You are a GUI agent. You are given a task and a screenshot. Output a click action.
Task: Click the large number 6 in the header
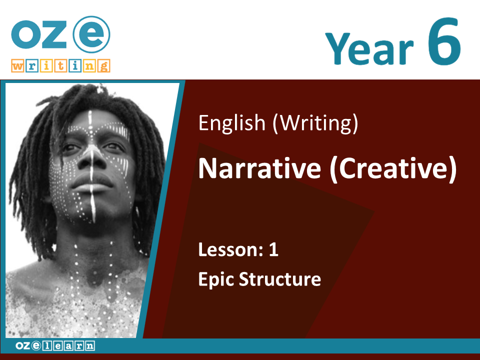pos(443,41)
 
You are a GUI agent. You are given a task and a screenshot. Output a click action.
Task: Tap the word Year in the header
pos(369,48)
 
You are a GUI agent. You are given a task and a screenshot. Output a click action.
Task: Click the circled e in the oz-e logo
pos(91,34)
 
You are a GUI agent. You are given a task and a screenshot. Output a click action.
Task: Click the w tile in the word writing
pos(18,66)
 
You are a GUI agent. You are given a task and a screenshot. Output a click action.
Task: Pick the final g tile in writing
pos(104,66)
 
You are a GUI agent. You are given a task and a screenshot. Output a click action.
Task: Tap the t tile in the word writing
pos(60,66)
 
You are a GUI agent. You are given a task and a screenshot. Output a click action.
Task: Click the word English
pos(231,123)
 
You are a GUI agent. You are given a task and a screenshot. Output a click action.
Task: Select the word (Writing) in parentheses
pos(315,123)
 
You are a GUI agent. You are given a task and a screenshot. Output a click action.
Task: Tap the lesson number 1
pos(273,250)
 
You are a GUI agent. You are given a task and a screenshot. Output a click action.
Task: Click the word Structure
pos(280,279)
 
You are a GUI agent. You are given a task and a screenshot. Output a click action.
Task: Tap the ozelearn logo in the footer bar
pos(55,346)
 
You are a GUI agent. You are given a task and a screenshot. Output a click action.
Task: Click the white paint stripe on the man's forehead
pos(90,122)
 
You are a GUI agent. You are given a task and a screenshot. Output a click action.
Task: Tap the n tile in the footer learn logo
pos(90,346)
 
